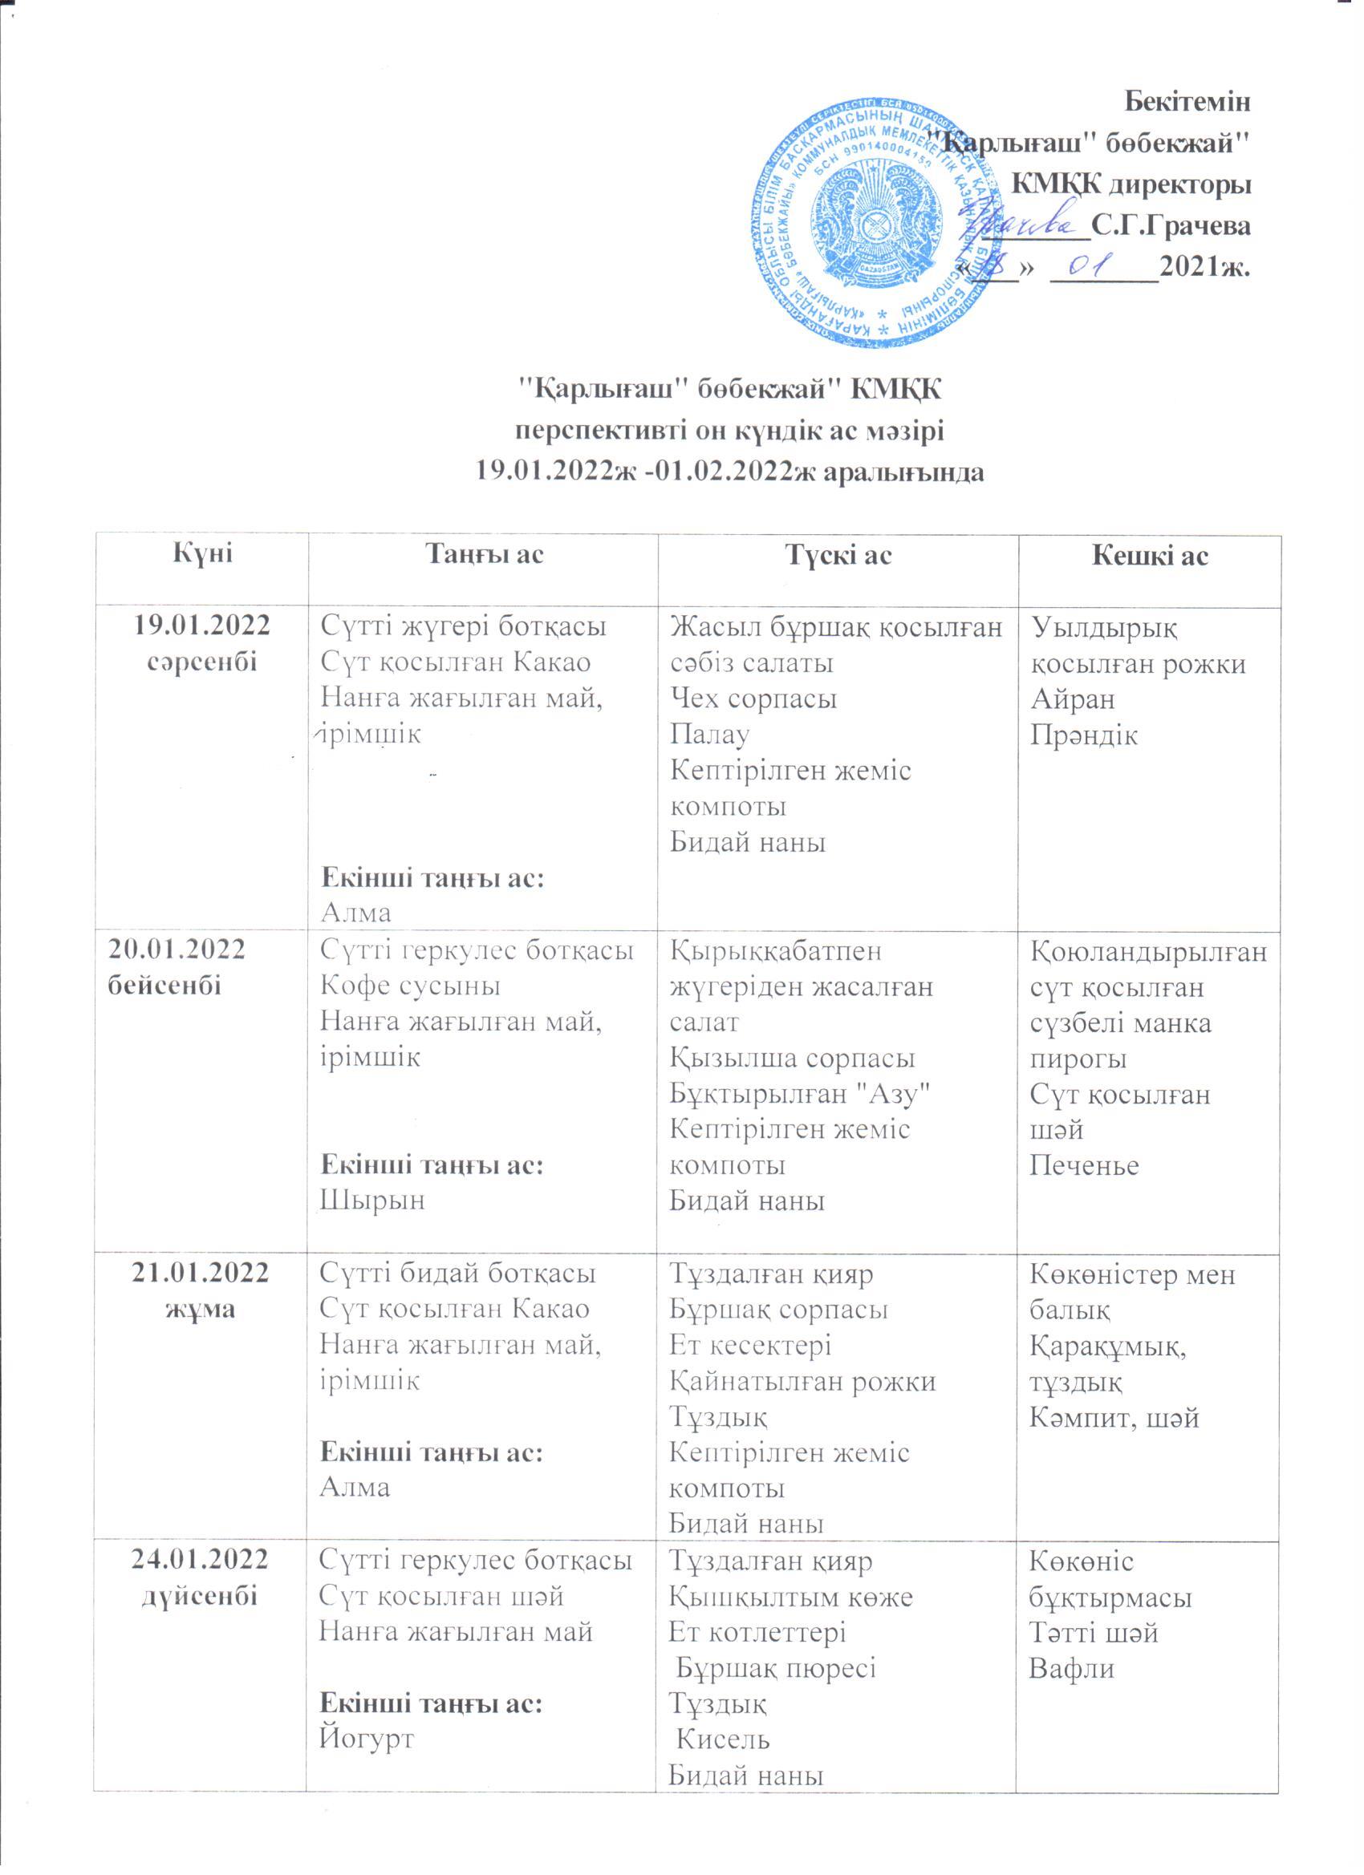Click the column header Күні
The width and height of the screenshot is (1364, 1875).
click(202, 554)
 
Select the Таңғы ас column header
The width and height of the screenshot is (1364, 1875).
click(483, 554)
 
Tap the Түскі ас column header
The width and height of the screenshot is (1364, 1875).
click(837, 555)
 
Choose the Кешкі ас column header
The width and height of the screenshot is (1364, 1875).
click(1151, 556)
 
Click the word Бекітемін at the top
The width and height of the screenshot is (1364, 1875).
click(1189, 103)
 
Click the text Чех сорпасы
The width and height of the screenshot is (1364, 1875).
click(753, 699)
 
